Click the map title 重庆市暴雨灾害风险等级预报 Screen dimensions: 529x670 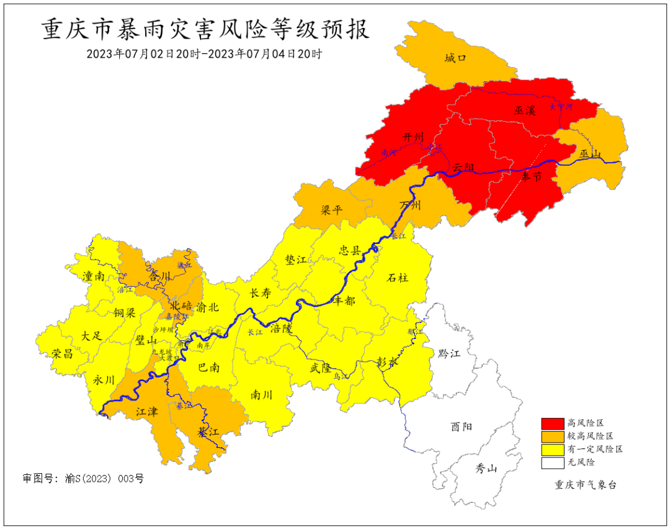(x=205, y=29)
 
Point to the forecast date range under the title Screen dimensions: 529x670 (x=204, y=53)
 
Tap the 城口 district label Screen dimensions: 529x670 (x=455, y=58)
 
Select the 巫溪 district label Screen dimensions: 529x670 (x=524, y=111)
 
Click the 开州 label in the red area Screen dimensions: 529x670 (x=413, y=137)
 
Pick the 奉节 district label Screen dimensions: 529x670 (x=531, y=177)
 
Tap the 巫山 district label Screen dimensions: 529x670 (x=590, y=153)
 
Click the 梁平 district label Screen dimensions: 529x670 (x=331, y=210)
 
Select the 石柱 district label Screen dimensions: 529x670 (x=398, y=278)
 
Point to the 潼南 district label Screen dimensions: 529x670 (x=94, y=277)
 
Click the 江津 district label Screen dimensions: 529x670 (x=147, y=411)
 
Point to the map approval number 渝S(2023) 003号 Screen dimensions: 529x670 (x=83, y=479)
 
